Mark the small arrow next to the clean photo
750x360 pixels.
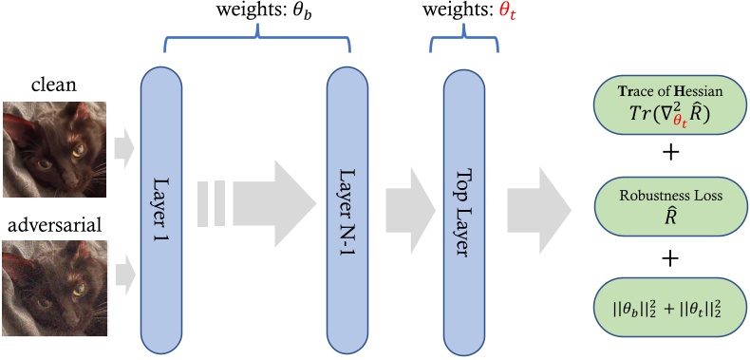tap(124, 146)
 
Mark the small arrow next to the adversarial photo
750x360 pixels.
tap(124, 275)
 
